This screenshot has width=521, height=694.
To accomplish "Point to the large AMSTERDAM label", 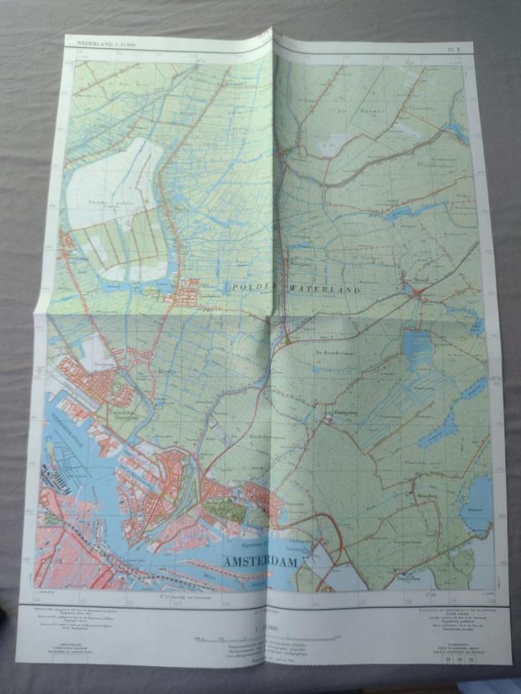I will click(x=261, y=562).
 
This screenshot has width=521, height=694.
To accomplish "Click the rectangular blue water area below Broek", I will click(x=418, y=348).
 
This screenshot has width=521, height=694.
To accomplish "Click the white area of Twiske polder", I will click(x=108, y=179).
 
